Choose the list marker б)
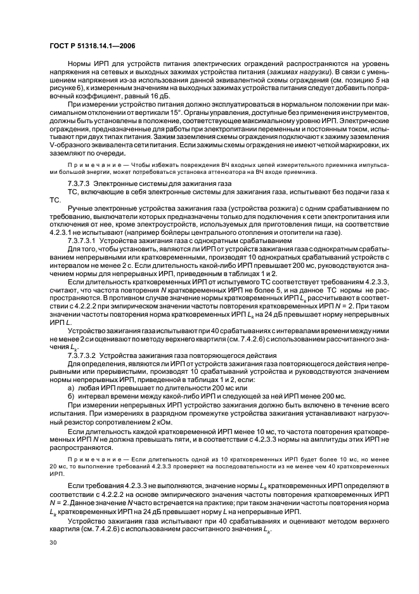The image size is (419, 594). tap(70, 396)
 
